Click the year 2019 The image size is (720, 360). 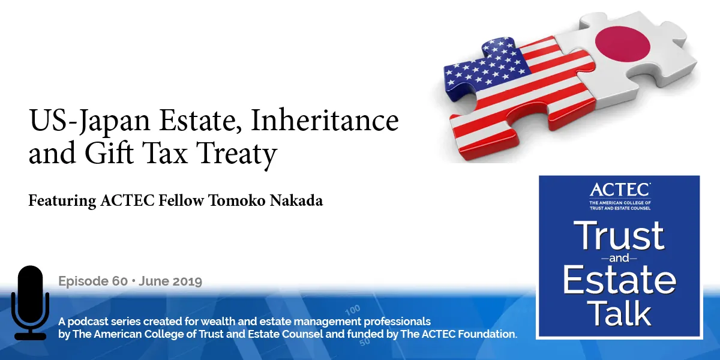[185, 281]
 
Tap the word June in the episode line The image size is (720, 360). [154, 281]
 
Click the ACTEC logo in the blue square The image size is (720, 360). [620, 190]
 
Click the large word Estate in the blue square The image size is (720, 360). [620, 280]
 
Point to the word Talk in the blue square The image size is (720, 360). [620, 314]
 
